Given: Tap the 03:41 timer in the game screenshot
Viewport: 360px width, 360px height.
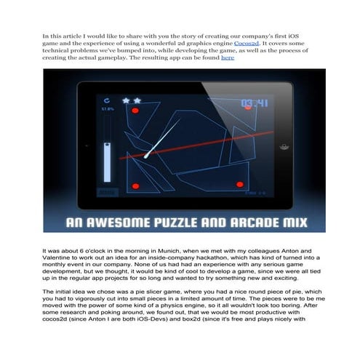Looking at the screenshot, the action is coord(255,103).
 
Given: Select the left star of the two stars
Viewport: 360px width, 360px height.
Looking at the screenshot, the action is coord(125,100).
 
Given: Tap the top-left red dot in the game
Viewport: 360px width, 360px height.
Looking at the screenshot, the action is coord(135,111).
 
